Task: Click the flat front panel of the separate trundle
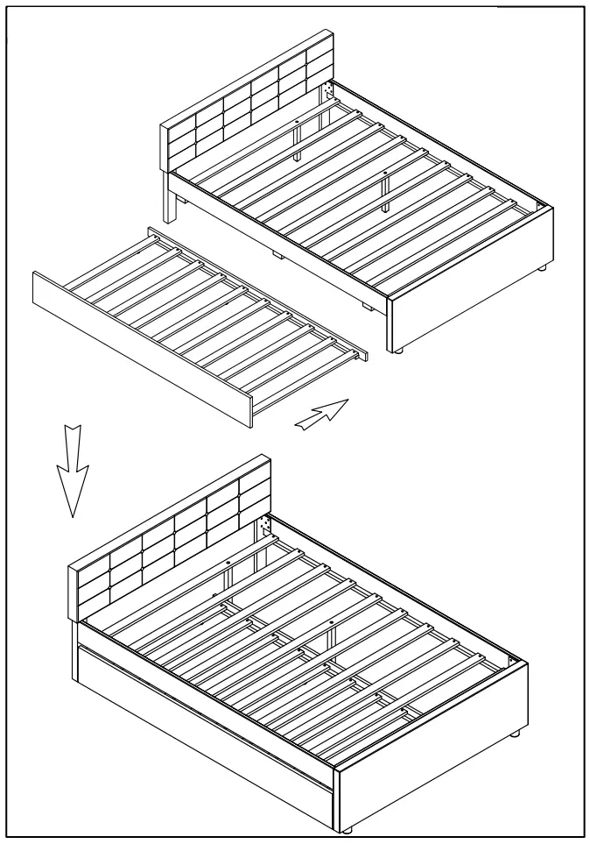tap(140, 351)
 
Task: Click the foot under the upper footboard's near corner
tap(398, 349)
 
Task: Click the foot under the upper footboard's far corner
tap(544, 267)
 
